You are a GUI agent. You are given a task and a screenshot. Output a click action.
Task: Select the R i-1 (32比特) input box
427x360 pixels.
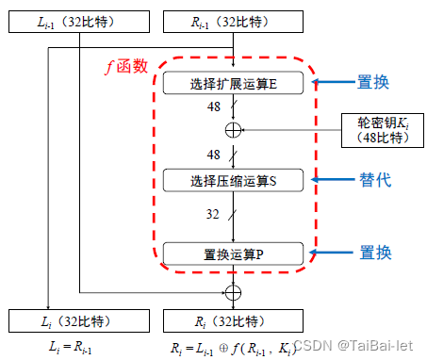pos(232,21)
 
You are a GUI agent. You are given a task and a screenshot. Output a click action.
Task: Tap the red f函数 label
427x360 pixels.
pos(125,67)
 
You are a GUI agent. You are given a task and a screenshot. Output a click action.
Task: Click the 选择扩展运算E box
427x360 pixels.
pos(232,84)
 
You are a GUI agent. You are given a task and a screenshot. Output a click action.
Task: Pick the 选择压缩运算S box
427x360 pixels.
pos(232,178)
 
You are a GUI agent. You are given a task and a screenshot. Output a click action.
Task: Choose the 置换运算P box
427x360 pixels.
pos(232,253)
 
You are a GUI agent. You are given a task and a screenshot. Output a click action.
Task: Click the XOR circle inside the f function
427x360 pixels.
pos(233,128)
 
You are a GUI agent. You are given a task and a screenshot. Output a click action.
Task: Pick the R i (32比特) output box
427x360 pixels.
pos(232,322)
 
